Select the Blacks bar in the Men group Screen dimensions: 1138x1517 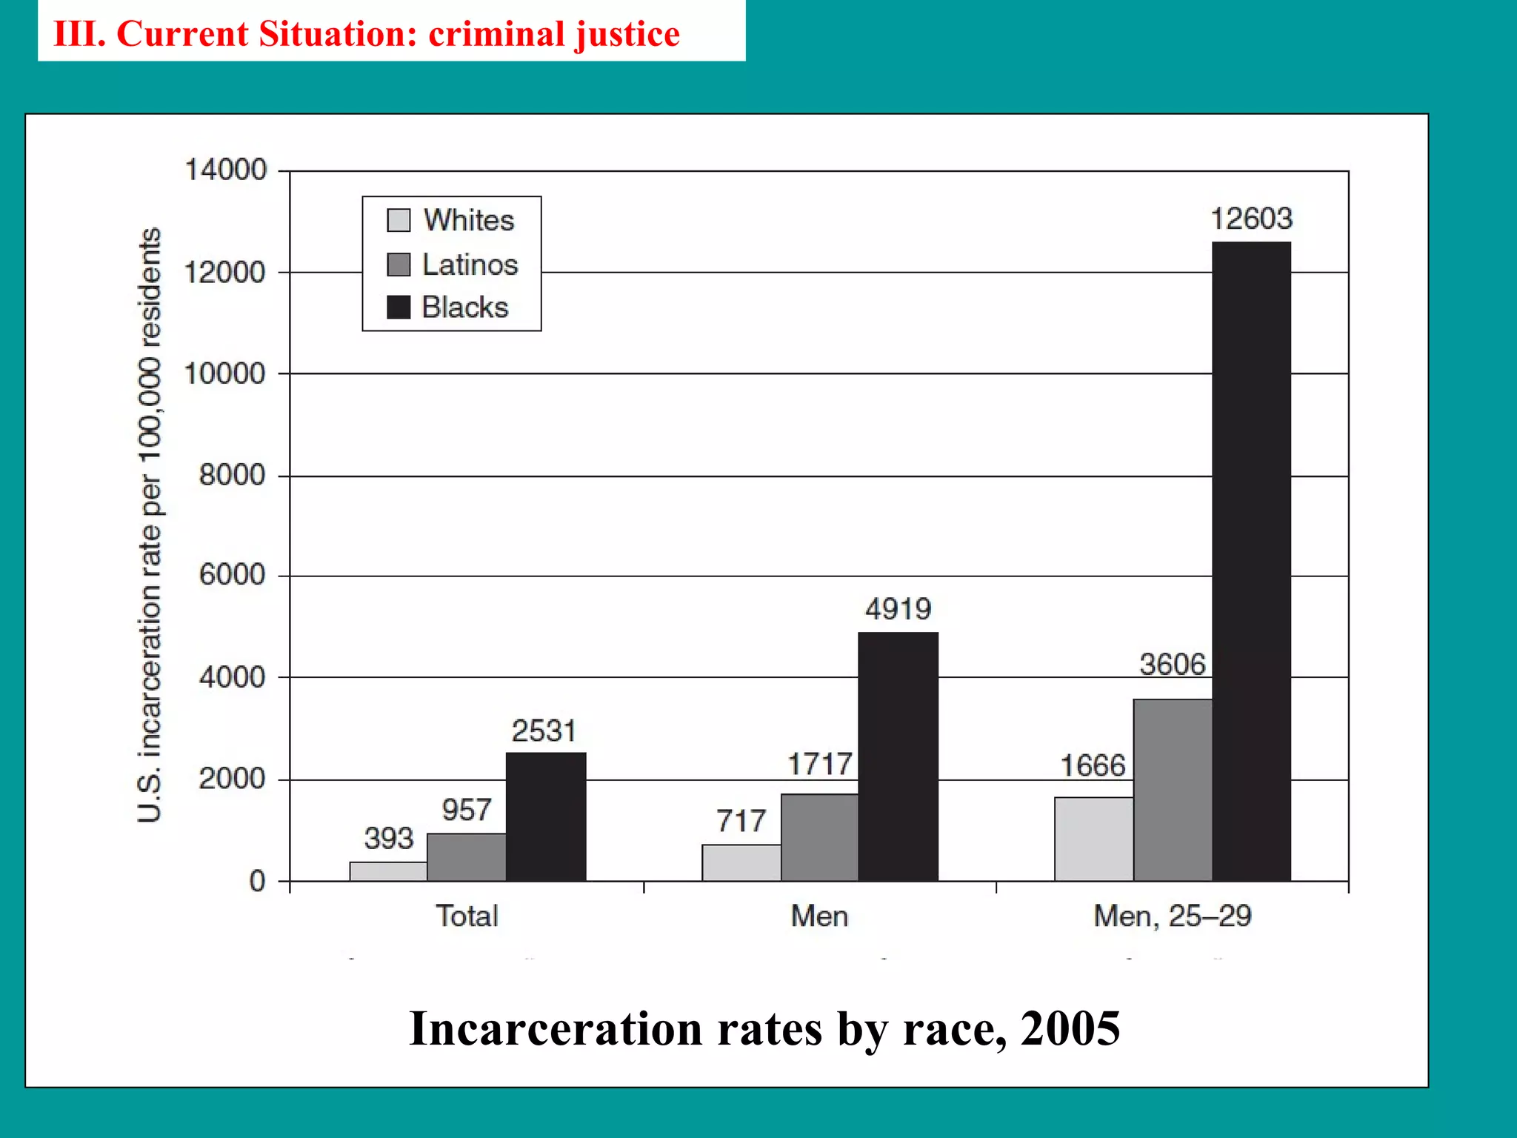coord(898,756)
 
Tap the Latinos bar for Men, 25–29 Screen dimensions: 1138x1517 coord(1173,790)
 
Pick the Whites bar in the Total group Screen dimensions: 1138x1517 coord(388,871)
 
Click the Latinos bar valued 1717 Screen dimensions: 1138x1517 coord(819,837)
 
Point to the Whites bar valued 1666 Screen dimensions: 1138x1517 coord(1093,839)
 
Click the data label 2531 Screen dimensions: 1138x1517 coord(544,731)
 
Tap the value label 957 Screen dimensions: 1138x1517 coord(467,810)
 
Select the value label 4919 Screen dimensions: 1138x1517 coord(898,609)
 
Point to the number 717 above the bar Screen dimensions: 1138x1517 coord(741,821)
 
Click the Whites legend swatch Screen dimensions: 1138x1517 coord(399,220)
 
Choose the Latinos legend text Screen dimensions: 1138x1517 coord(470,264)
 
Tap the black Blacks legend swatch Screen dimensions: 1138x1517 coord(399,307)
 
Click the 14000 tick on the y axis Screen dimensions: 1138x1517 coord(225,170)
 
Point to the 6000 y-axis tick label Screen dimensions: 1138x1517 coord(232,574)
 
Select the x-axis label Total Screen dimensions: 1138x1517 coord(467,916)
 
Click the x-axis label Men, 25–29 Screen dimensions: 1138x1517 coord(1172,916)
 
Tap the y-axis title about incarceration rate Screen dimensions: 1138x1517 coord(149,525)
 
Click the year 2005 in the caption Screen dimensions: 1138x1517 coord(1070,1028)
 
